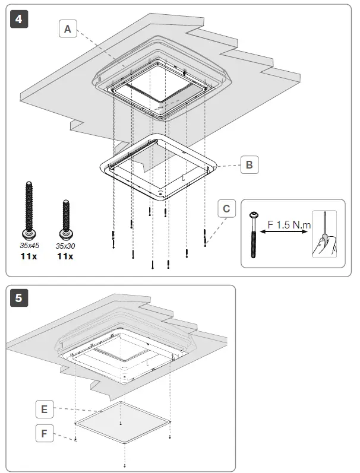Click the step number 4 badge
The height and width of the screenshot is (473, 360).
pos(19,19)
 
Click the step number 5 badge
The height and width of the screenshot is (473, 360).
pos(19,298)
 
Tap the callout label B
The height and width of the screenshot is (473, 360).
pos(250,165)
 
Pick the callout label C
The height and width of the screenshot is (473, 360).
pos(226,209)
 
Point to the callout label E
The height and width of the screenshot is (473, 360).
pos(45,408)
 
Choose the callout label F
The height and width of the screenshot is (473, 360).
pos(45,434)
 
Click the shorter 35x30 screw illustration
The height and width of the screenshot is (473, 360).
pos(64,217)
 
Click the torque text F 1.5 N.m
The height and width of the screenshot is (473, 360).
pos(289,225)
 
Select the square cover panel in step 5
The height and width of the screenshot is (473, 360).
pos(122,423)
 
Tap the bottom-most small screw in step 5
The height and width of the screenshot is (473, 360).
pos(124,465)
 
